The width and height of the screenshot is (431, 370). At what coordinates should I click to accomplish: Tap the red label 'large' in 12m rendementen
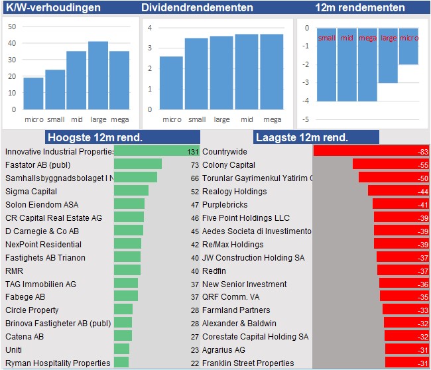point(388,38)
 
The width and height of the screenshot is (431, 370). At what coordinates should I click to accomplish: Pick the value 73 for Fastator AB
point(194,164)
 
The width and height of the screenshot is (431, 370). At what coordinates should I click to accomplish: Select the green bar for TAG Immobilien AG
point(126,283)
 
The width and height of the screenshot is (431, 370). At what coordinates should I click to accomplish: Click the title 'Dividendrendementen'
point(197,8)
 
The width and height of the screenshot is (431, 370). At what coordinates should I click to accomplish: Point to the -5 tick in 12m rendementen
point(306,119)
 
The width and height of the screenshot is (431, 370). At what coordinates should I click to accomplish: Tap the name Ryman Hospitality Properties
point(58,363)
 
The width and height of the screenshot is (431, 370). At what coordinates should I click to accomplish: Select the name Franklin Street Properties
point(248,363)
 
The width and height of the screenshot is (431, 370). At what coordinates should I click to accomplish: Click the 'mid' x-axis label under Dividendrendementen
point(247,119)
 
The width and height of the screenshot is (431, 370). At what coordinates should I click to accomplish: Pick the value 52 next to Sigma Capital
point(194,191)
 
